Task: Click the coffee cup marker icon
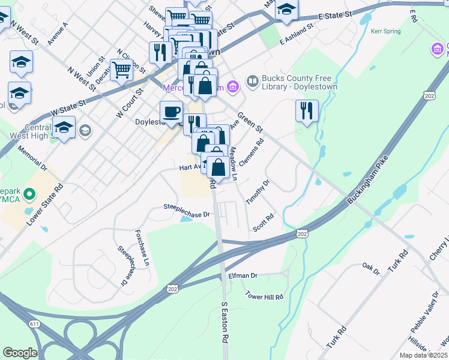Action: click(172, 112)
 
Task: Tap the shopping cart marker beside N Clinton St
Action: click(122, 70)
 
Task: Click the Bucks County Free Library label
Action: click(292, 82)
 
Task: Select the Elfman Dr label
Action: click(243, 275)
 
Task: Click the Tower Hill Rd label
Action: click(264, 295)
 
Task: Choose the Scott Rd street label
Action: click(263, 223)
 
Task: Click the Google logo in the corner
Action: click(20, 353)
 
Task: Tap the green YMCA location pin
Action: click(29, 194)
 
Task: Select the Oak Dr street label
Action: click(372, 268)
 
